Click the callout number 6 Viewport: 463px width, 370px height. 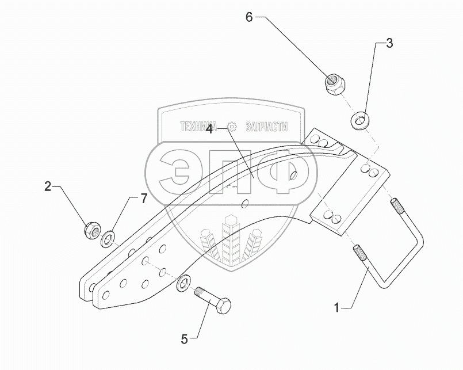point(249,17)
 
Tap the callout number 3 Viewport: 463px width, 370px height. point(389,43)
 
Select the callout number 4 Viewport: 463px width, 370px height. point(210,130)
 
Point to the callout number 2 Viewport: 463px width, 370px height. point(48,186)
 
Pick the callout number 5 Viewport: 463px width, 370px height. point(184,340)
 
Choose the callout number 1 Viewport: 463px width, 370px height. point(336,308)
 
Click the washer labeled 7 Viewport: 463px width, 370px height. point(108,239)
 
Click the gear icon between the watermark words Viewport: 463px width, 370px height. point(232,127)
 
